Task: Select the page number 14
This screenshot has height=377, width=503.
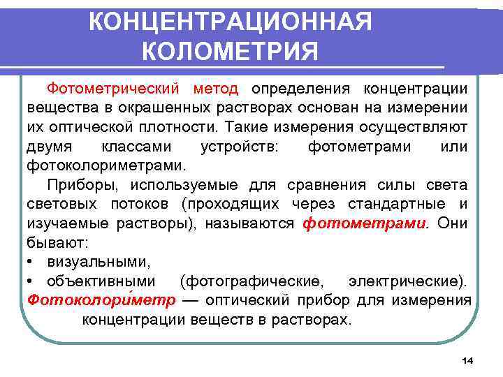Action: (x=467, y=360)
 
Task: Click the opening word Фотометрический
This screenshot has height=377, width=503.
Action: (x=117, y=89)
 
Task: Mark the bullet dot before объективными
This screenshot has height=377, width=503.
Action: (x=32, y=282)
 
